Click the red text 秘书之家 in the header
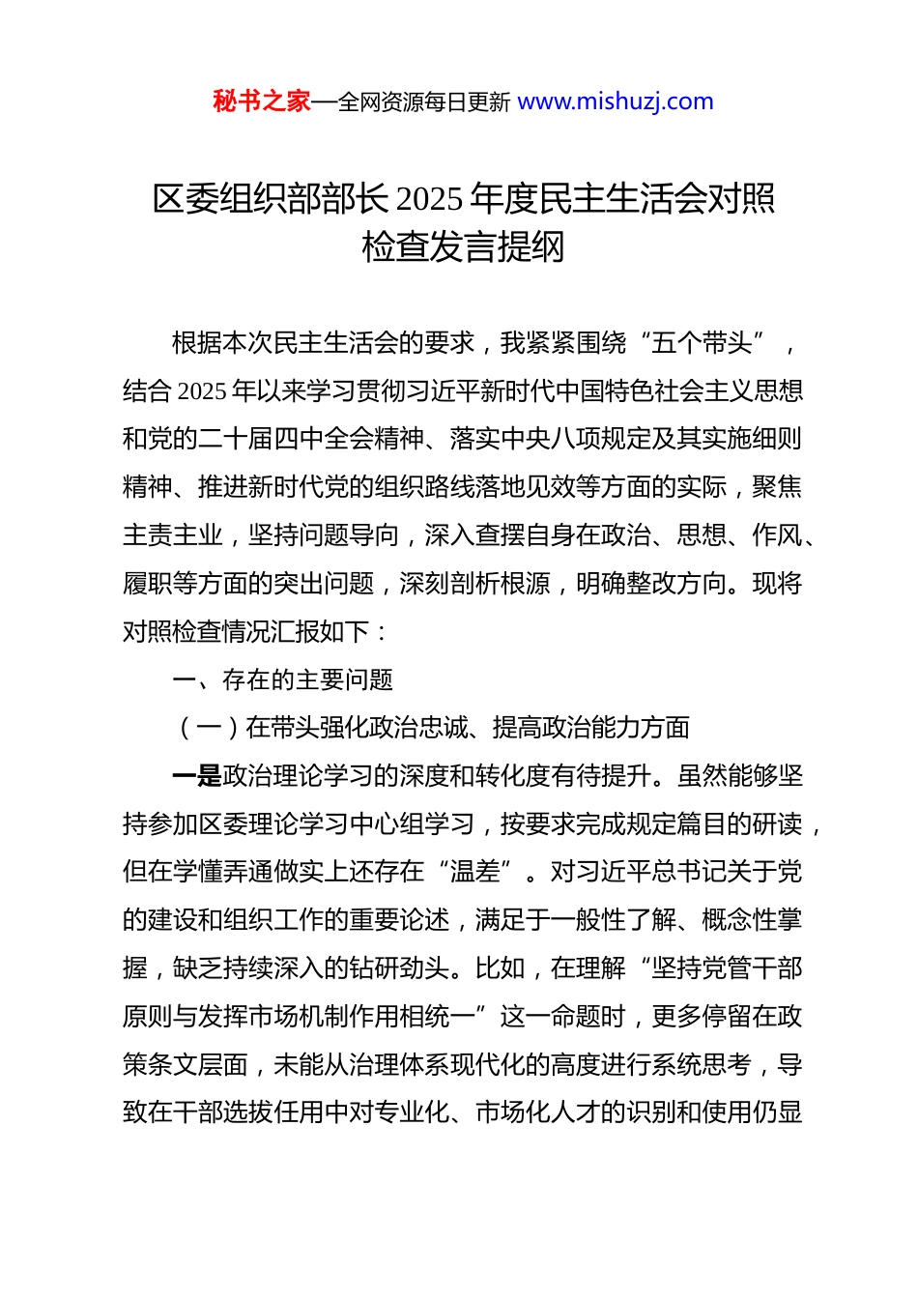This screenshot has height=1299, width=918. coord(262,101)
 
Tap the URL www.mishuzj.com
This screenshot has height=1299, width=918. coord(616,101)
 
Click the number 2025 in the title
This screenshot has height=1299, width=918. coord(429,199)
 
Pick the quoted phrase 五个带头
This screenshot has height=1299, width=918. coord(703,342)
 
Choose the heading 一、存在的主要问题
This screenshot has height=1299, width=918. coord(282,679)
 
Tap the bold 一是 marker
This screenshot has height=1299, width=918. coord(196,776)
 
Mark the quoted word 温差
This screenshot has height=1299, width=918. coord(475,872)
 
